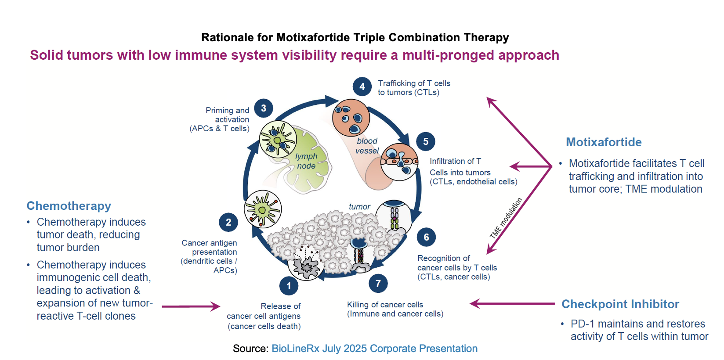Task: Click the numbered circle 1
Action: (289, 286)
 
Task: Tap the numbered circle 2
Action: (228, 222)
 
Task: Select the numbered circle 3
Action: (264, 108)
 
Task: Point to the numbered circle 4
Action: (362, 86)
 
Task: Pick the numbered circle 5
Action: (426, 141)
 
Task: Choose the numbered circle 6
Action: (426, 237)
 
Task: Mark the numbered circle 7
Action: (378, 283)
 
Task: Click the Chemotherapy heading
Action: (69, 206)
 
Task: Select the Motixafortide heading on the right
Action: (604, 142)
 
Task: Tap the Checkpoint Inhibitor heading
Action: (620, 304)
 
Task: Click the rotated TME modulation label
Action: (506, 218)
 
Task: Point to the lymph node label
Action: (306, 161)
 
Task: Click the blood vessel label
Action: (367, 146)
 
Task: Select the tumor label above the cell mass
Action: (359, 206)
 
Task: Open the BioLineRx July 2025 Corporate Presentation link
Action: (374, 349)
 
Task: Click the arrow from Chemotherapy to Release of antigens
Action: (191, 306)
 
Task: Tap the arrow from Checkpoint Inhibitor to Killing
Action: (512, 303)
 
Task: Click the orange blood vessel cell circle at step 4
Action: (351, 118)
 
